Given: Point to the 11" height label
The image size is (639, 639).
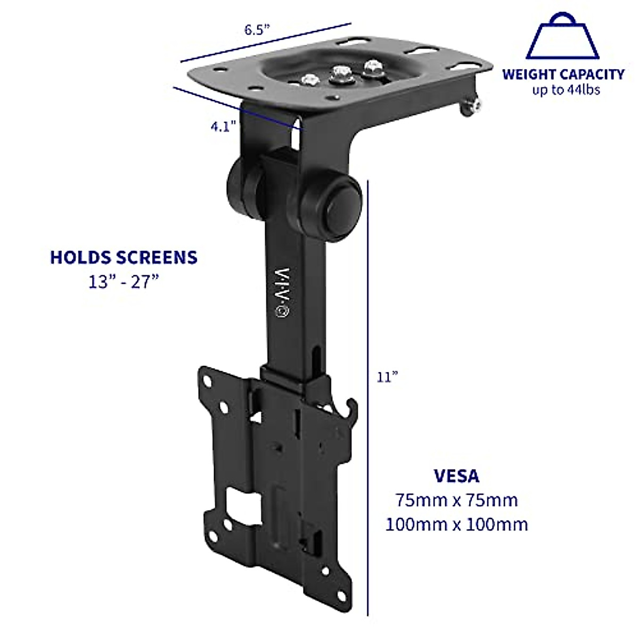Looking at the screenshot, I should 387,377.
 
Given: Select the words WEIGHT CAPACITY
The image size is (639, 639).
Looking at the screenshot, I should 563,74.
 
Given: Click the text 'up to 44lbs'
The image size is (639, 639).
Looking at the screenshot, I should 566,90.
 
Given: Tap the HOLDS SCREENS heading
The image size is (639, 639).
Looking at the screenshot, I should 124,257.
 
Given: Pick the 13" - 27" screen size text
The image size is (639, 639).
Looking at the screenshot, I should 124,282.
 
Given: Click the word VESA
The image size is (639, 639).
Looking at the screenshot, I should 456,476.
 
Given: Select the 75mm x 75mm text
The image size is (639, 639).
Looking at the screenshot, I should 456,501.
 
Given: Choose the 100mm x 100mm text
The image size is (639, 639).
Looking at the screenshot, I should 456,525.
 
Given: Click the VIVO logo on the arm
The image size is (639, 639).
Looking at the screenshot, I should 281,292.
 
